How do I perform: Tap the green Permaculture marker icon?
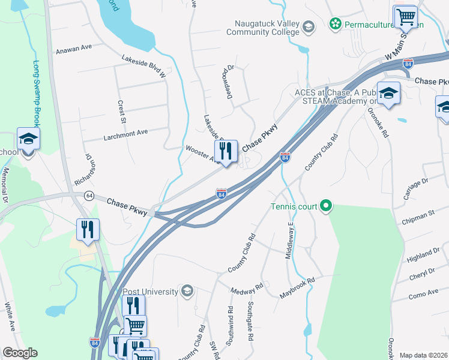click(x=335, y=25)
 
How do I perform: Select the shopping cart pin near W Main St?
click(x=405, y=17)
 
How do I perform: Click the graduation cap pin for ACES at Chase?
click(x=388, y=94)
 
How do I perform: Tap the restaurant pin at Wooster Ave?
click(x=226, y=152)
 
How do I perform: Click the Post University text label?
click(x=151, y=292)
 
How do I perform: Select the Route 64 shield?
click(x=89, y=196)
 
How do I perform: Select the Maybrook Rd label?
click(x=297, y=289)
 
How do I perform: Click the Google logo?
click(x=20, y=353)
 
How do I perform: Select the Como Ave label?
click(x=424, y=294)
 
